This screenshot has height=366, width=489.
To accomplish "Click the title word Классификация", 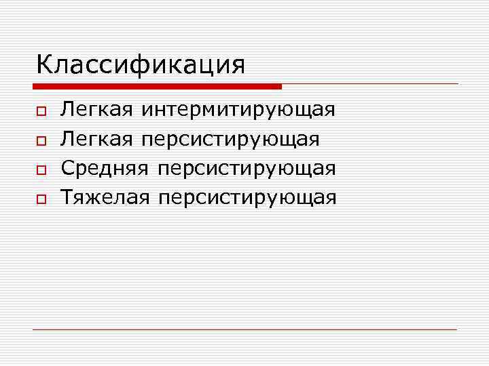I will [x=141, y=65].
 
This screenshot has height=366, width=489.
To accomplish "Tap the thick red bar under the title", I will [x=157, y=87].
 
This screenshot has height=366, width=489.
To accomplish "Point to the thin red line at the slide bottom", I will [x=244, y=329].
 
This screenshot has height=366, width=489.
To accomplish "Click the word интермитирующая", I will [x=240, y=110].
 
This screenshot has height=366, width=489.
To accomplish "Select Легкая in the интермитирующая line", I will [x=96, y=110].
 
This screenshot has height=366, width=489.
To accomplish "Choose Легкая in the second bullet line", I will [x=96, y=139].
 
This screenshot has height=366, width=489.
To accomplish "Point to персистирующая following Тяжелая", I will [x=247, y=199].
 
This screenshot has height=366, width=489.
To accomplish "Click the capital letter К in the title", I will [x=43, y=65].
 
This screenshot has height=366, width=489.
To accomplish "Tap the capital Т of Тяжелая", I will [x=67, y=197].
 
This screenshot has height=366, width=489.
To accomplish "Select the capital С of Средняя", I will [x=67, y=168].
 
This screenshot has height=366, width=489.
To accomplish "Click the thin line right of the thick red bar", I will [x=370, y=84].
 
